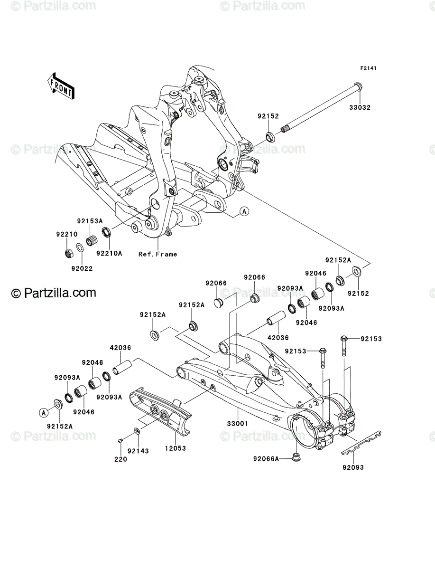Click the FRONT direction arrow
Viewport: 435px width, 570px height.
tap(61, 85)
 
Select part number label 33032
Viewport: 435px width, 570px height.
tap(360, 107)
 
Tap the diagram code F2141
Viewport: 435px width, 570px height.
tap(368, 68)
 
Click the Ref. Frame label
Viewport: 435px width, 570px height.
tap(157, 254)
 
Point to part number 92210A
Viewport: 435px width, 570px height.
tap(109, 253)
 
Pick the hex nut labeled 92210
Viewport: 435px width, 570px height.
tap(68, 253)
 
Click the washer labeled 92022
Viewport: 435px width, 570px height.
tap(80, 247)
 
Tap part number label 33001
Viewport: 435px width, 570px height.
tap(238, 424)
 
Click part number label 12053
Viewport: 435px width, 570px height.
tap(176, 448)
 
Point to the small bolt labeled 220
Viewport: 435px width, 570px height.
tap(120, 440)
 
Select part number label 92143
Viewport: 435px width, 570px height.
tap(138, 451)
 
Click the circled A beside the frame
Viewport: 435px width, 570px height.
tap(244, 211)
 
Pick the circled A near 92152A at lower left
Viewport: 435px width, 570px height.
tap(44, 413)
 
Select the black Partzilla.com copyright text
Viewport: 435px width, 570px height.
tap(54, 293)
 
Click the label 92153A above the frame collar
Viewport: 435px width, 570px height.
tap(90, 221)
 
